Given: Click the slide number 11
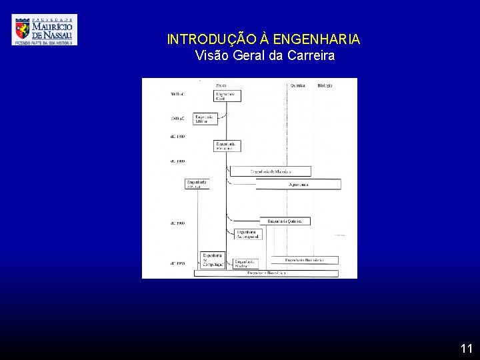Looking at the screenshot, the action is click(466, 348).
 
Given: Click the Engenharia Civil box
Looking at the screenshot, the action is click(227, 96).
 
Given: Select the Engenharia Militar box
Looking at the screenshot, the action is click(205, 119).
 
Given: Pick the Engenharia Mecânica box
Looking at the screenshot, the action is click(227, 145).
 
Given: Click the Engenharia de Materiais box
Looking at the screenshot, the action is click(270, 171).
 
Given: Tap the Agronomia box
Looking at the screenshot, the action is click(298, 184).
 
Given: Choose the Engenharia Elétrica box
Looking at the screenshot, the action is click(197, 183).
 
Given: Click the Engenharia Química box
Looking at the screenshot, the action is click(285, 221).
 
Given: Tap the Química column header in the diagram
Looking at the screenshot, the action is click(298, 85).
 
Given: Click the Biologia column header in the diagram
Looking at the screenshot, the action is click(325, 85).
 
